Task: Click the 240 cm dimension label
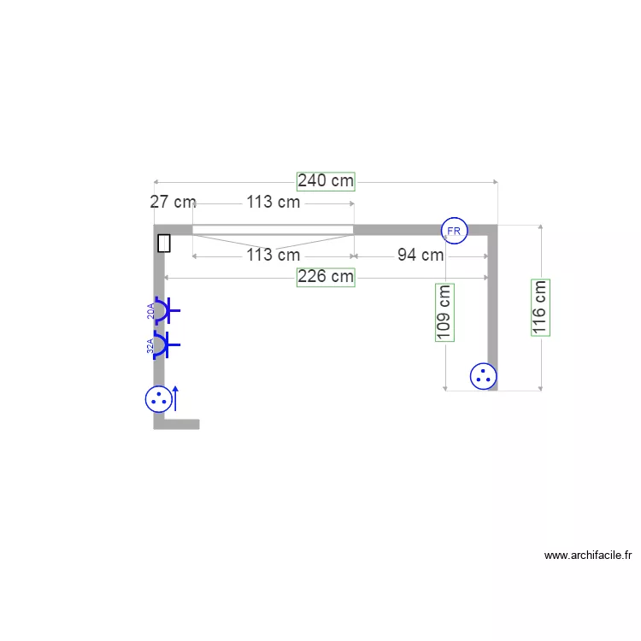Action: (325, 180)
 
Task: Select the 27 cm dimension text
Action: (173, 203)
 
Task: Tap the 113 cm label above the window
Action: (273, 203)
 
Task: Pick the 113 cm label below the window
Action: (273, 255)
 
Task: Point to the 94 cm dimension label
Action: (420, 255)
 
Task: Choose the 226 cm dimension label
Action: (325, 277)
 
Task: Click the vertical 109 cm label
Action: (444, 313)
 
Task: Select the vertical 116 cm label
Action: (540, 308)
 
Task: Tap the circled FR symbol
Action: (453, 231)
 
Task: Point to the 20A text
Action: (150, 311)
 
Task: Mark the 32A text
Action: (150, 346)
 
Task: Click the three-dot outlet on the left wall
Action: (157, 398)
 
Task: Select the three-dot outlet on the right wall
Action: (484, 375)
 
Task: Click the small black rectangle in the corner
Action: (164, 244)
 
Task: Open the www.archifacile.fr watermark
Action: (588, 556)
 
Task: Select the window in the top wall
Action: (273, 230)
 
